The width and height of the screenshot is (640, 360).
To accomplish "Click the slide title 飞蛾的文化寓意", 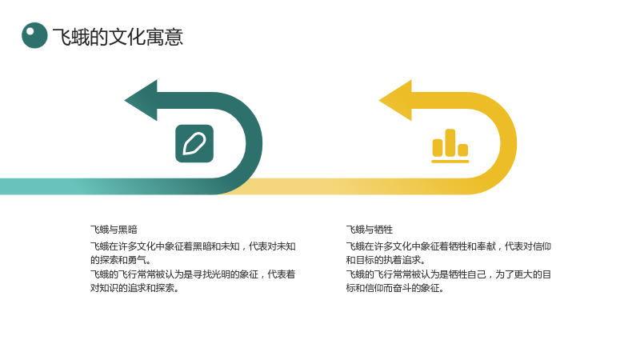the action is (x=118, y=37).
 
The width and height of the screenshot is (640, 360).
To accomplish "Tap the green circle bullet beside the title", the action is (x=34, y=35).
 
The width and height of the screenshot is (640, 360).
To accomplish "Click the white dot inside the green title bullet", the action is (x=30, y=31).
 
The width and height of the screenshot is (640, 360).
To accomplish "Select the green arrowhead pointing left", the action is (x=141, y=101).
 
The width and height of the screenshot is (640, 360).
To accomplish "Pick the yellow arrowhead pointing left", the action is (x=395, y=101).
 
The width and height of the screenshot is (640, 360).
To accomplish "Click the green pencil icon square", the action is (x=194, y=144).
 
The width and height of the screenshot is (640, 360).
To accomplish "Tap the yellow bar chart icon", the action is (x=450, y=146).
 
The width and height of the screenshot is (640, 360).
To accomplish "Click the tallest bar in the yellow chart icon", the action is (x=450, y=142).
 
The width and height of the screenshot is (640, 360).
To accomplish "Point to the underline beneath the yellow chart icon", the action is (x=450, y=162).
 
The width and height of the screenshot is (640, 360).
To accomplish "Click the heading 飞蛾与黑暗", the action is (x=114, y=230).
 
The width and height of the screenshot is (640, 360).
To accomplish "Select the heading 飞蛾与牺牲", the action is (x=370, y=230).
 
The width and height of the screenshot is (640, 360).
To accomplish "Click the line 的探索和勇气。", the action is (x=121, y=260).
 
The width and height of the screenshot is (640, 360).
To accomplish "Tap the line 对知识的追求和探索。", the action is (x=134, y=288).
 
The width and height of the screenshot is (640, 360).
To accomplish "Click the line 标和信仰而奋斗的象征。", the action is (x=395, y=288).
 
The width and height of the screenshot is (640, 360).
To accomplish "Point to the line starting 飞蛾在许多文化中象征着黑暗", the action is (x=193, y=246).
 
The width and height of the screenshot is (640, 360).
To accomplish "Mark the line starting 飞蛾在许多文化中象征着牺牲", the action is (x=449, y=246).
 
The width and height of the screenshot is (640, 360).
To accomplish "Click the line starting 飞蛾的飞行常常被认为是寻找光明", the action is (x=193, y=274).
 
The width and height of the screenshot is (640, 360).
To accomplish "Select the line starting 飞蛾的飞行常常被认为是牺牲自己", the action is (x=449, y=274).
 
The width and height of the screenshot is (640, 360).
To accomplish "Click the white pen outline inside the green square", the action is (x=194, y=144).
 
